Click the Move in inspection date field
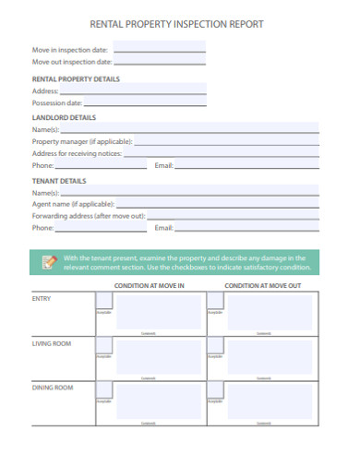[x=158, y=50]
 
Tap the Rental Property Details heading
[x=76, y=79]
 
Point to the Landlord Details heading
[x=64, y=118]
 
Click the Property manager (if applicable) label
[x=82, y=142]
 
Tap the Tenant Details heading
[x=59, y=181]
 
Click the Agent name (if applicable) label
[x=73, y=204]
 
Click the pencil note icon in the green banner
[x=49, y=262]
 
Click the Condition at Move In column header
[x=149, y=287]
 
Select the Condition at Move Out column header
[x=263, y=287]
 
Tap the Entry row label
[x=42, y=299]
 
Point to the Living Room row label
[x=52, y=343]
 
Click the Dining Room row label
[x=53, y=388]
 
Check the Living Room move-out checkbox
[x=215, y=347]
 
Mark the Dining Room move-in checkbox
[x=104, y=390]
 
